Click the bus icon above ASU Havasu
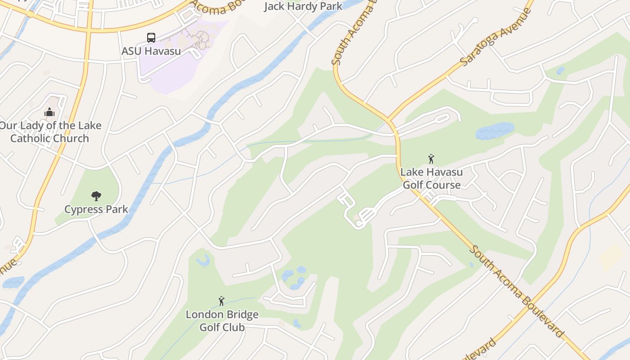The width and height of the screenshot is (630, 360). point(151,38)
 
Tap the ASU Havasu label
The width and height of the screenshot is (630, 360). point(151,51)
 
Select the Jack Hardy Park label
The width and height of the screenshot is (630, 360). point(303,6)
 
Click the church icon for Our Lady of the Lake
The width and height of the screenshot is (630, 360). point(49,112)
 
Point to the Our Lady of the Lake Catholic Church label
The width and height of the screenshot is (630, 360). point(50,132)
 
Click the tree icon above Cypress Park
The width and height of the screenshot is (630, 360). point(96,196)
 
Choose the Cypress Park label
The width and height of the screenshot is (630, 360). point(96,209)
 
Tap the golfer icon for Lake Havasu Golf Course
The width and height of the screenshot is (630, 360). point(431,159)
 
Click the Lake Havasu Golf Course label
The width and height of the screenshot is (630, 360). point(432,178)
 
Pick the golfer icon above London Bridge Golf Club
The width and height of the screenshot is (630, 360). point(221,301)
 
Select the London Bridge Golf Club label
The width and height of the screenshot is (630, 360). point(222,321)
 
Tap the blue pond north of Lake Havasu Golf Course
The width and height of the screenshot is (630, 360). point(495,130)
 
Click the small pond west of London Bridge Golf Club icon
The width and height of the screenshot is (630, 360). point(203,260)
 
